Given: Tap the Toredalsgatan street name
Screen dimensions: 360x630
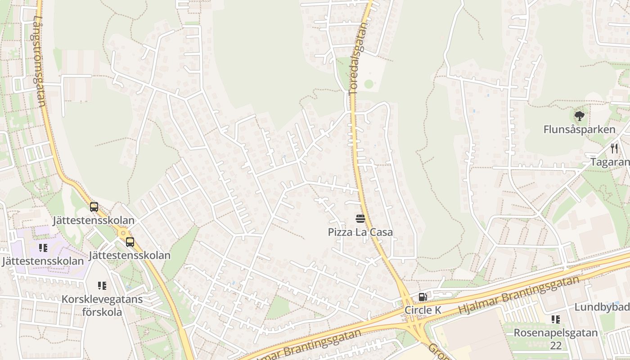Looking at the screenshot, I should click(x=358, y=58).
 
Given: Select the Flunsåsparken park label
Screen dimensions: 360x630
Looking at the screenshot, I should click(x=579, y=130).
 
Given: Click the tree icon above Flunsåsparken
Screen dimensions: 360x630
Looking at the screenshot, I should click(x=579, y=116).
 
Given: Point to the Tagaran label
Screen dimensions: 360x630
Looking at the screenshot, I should click(x=610, y=162).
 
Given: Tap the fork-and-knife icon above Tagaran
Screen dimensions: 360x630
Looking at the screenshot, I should click(x=614, y=148).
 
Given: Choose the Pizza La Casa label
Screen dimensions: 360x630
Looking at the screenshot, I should click(x=360, y=232).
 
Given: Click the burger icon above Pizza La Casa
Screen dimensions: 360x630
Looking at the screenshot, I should click(x=360, y=219).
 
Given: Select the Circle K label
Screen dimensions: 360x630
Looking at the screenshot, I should click(x=423, y=310).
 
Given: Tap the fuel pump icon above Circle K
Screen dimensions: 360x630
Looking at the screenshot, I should click(x=423, y=297).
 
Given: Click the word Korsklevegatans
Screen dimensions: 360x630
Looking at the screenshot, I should click(x=102, y=299).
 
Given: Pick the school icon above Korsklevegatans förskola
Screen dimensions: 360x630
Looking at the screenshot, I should click(x=102, y=286).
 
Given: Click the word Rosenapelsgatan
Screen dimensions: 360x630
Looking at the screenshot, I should click(x=556, y=333).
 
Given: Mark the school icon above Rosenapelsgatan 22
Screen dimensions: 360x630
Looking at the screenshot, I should click(x=556, y=319).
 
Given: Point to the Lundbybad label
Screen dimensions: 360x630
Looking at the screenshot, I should click(x=602, y=307).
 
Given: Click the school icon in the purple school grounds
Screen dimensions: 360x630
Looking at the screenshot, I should click(x=43, y=248).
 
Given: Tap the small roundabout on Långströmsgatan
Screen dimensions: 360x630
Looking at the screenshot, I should click(x=122, y=233).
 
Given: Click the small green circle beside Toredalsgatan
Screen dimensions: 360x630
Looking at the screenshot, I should click(x=369, y=84).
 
